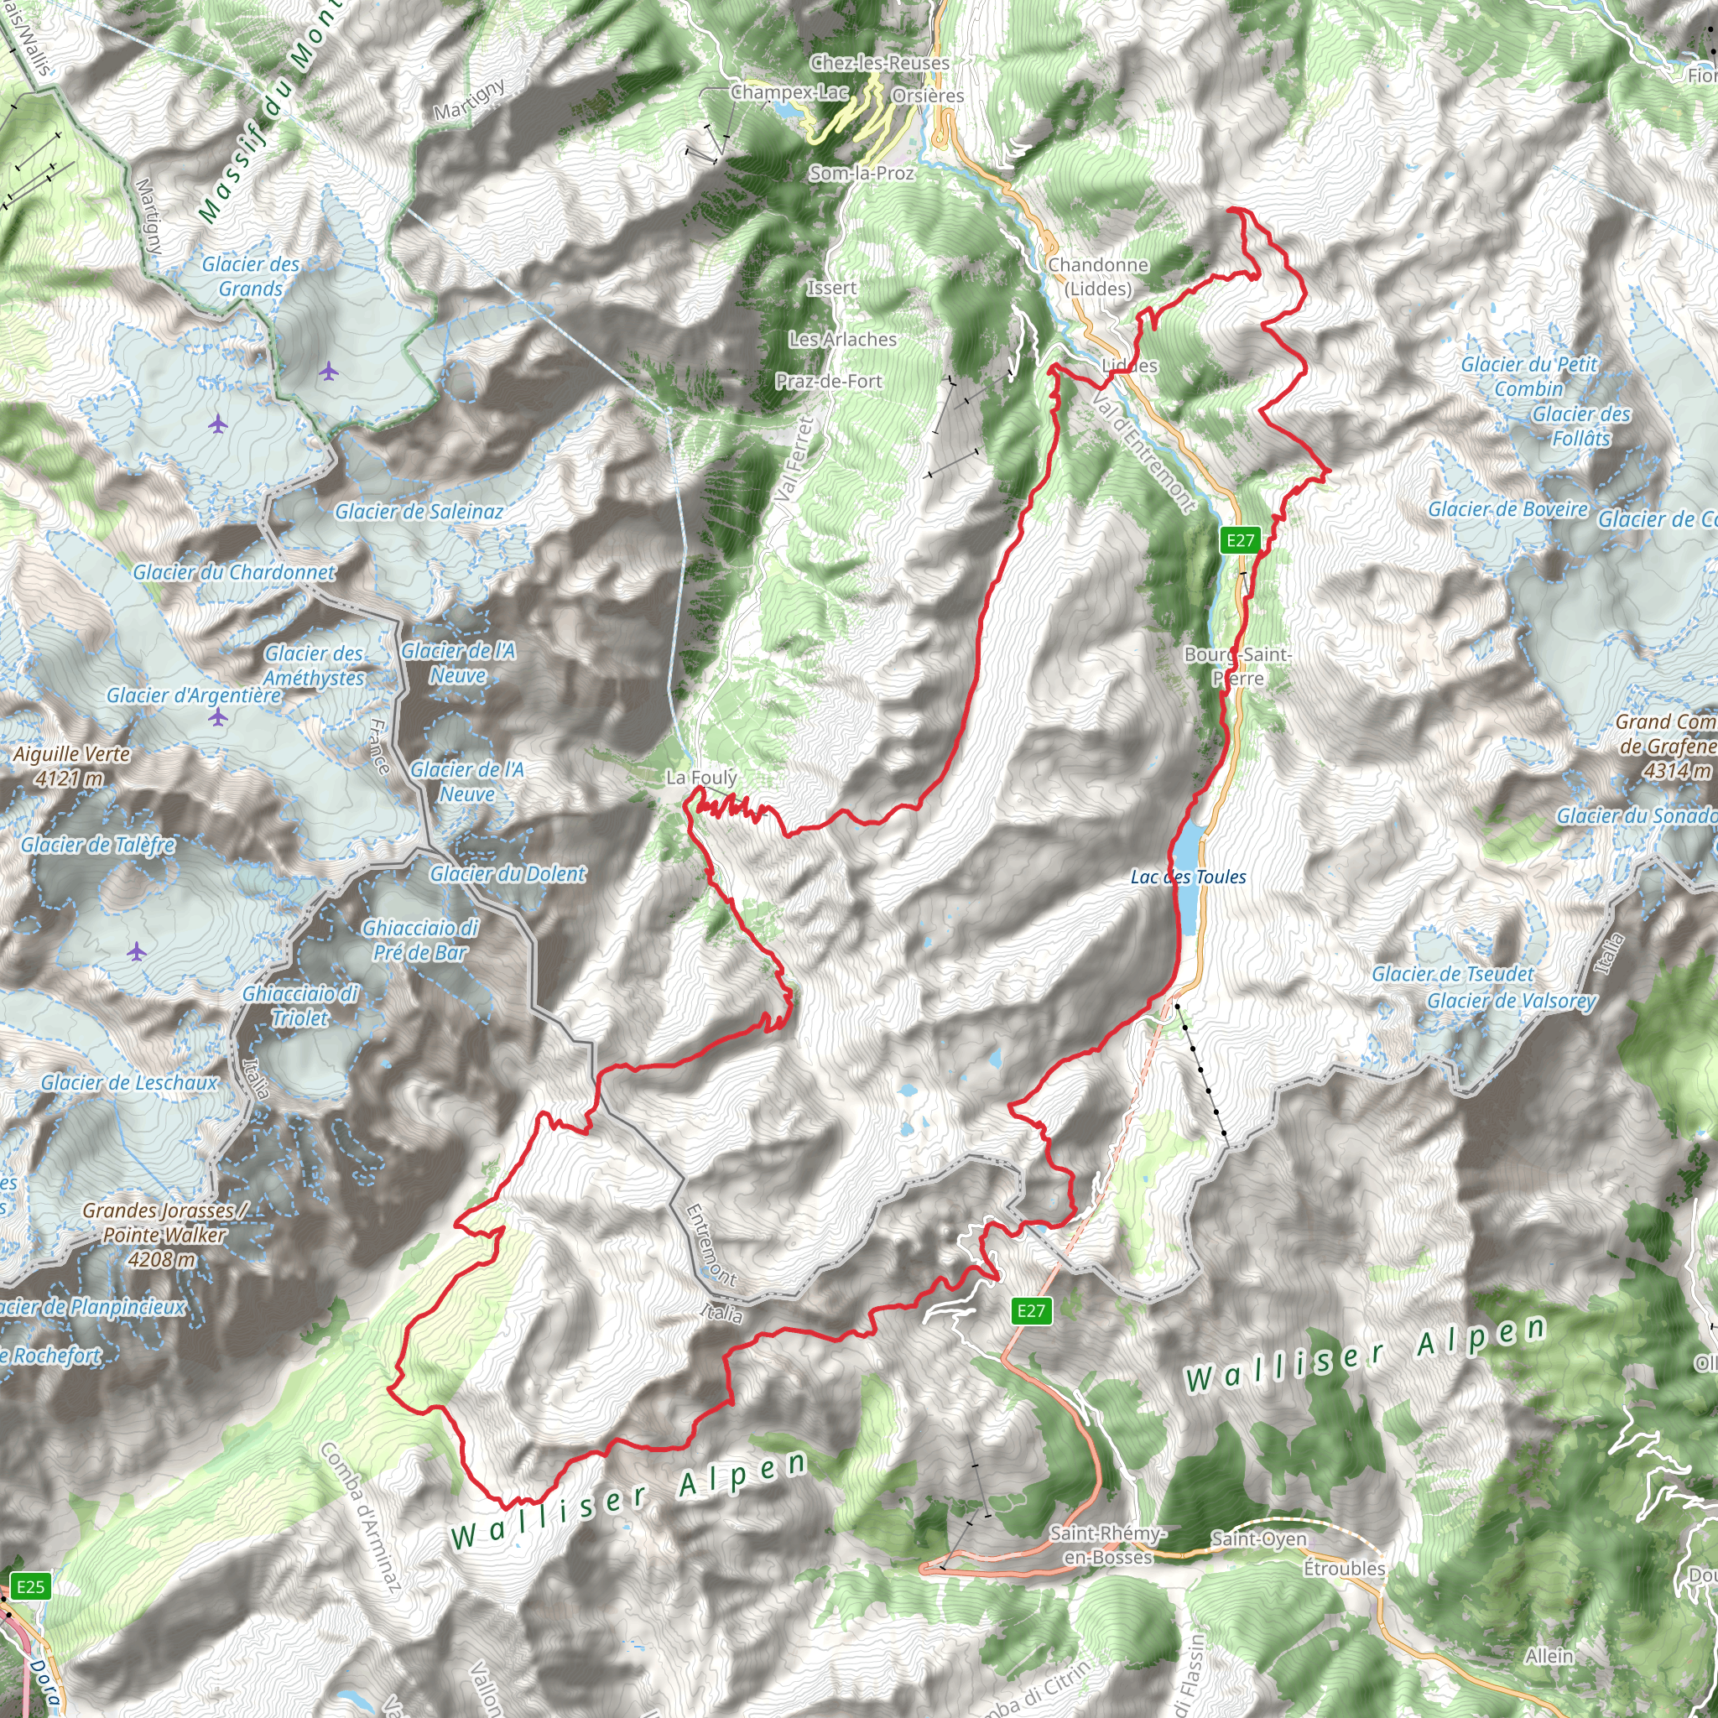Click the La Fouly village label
pyautogui.click(x=700, y=777)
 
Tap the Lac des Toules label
pyautogui.click(x=1188, y=877)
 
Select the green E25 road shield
pyautogui.click(x=30, y=1586)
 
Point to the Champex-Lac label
pyautogui.click(x=789, y=91)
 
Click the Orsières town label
pyautogui.click(x=927, y=95)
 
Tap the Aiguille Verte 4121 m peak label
pyautogui.click(x=71, y=766)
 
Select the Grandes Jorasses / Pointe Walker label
pyautogui.click(x=164, y=1234)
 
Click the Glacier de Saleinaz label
pyautogui.click(x=418, y=512)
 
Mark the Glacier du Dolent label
pyautogui.click(x=507, y=874)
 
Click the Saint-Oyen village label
pyautogui.click(x=1258, y=1538)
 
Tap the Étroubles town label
pyautogui.click(x=1344, y=1568)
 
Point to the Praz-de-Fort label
pyautogui.click(x=828, y=381)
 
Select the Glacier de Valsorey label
pyautogui.click(x=1511, y=1001)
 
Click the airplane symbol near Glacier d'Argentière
pyautogui.click(x=218, y=716)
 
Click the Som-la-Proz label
pyautogui.click(x=861, y=173)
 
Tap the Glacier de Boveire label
pyautogui.click(x=1507, y=508)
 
